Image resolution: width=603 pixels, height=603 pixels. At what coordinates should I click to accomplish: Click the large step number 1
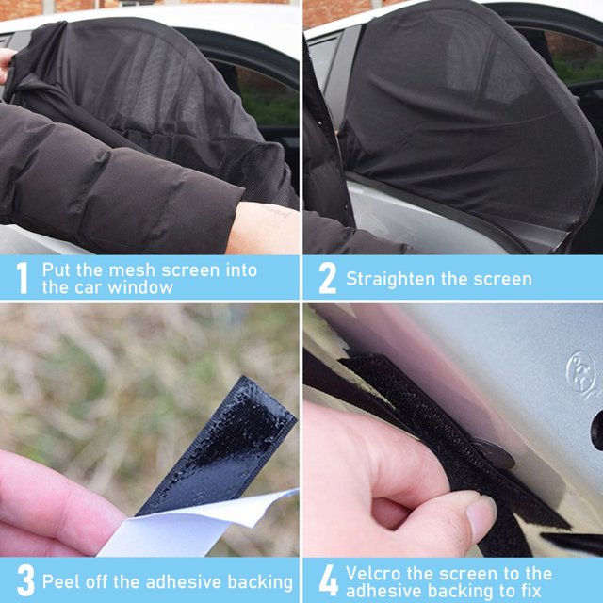pyautogui.click(x=23, y=278)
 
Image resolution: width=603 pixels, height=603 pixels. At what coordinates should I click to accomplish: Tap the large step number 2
pyautogui.click(x=327, y=279)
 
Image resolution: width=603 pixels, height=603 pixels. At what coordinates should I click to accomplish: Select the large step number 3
pyautogui.click(x=25, y=580)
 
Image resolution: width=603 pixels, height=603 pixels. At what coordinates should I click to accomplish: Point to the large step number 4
pyautogui.click(x=329, y=580)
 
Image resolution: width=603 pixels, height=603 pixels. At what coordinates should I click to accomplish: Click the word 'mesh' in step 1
pyautogui.click(x=132, y=270)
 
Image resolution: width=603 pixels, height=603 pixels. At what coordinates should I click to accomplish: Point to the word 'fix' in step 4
pyautogui.click(x=530, y=591)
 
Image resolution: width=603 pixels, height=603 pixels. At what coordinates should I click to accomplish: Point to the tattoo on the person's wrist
pyautogui.click(x=278, y=212)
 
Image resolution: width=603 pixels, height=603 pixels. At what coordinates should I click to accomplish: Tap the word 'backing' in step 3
pyautogui.click(x=260, y=582)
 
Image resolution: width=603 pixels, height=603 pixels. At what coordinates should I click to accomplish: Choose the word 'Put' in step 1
pyautogui.click(x=57, y=270)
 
